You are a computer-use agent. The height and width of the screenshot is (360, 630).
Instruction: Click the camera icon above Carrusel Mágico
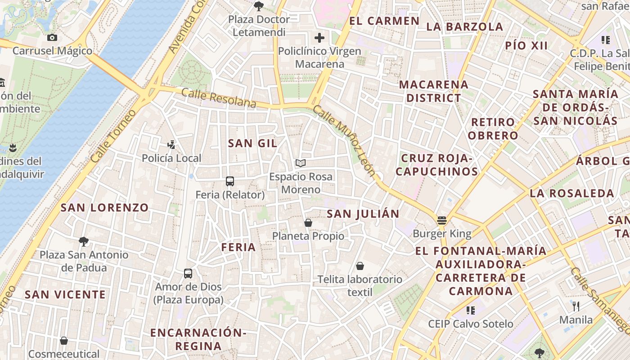pos(52,38)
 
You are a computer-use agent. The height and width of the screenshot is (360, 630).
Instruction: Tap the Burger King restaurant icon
pos(442,220)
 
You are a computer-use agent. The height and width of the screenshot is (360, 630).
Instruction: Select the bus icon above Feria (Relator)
pos(230,181)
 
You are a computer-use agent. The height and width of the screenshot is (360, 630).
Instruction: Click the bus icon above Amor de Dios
pos(188,274)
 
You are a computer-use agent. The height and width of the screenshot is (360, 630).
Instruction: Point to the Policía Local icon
pos(171,145)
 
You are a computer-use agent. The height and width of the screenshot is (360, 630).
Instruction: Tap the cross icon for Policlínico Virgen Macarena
pos(319,38)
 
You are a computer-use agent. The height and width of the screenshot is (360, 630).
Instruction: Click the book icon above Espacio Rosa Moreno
pos(301,163)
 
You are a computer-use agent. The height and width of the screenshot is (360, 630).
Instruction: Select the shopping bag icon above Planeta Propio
pos(308,223)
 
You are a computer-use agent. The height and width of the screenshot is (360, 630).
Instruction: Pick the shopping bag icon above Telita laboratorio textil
pos(360,266)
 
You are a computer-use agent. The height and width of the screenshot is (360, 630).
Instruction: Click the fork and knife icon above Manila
pos(576,307)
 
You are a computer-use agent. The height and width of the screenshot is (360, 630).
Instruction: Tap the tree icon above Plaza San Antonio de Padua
pos(84,242)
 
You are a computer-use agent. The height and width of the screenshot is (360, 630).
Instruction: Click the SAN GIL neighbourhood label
pos(252,143)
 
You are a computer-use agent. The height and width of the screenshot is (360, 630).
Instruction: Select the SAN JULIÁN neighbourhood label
pos(363,214)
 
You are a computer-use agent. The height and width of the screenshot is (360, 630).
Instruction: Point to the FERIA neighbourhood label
pos(238,247)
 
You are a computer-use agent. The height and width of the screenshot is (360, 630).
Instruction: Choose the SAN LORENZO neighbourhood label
pos(104,207)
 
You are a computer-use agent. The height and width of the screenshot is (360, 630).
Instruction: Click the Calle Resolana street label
pos(219,98)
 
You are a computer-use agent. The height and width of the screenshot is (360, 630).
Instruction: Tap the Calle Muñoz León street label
pos(344,140)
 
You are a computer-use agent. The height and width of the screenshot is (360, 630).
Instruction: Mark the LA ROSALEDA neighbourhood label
pos(572,193)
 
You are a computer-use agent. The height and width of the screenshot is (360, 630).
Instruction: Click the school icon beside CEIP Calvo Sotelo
pos(471,310)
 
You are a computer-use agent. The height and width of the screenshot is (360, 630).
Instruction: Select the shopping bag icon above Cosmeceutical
pos(64,341)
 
